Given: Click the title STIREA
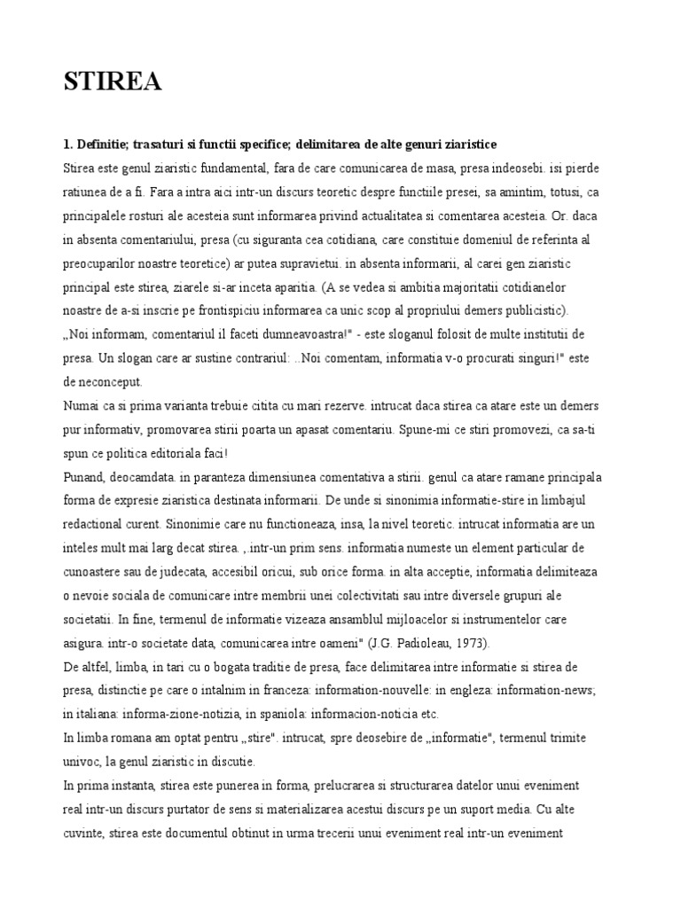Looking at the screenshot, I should (x=113, y=82).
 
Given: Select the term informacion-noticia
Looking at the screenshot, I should (x=342, y=714).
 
